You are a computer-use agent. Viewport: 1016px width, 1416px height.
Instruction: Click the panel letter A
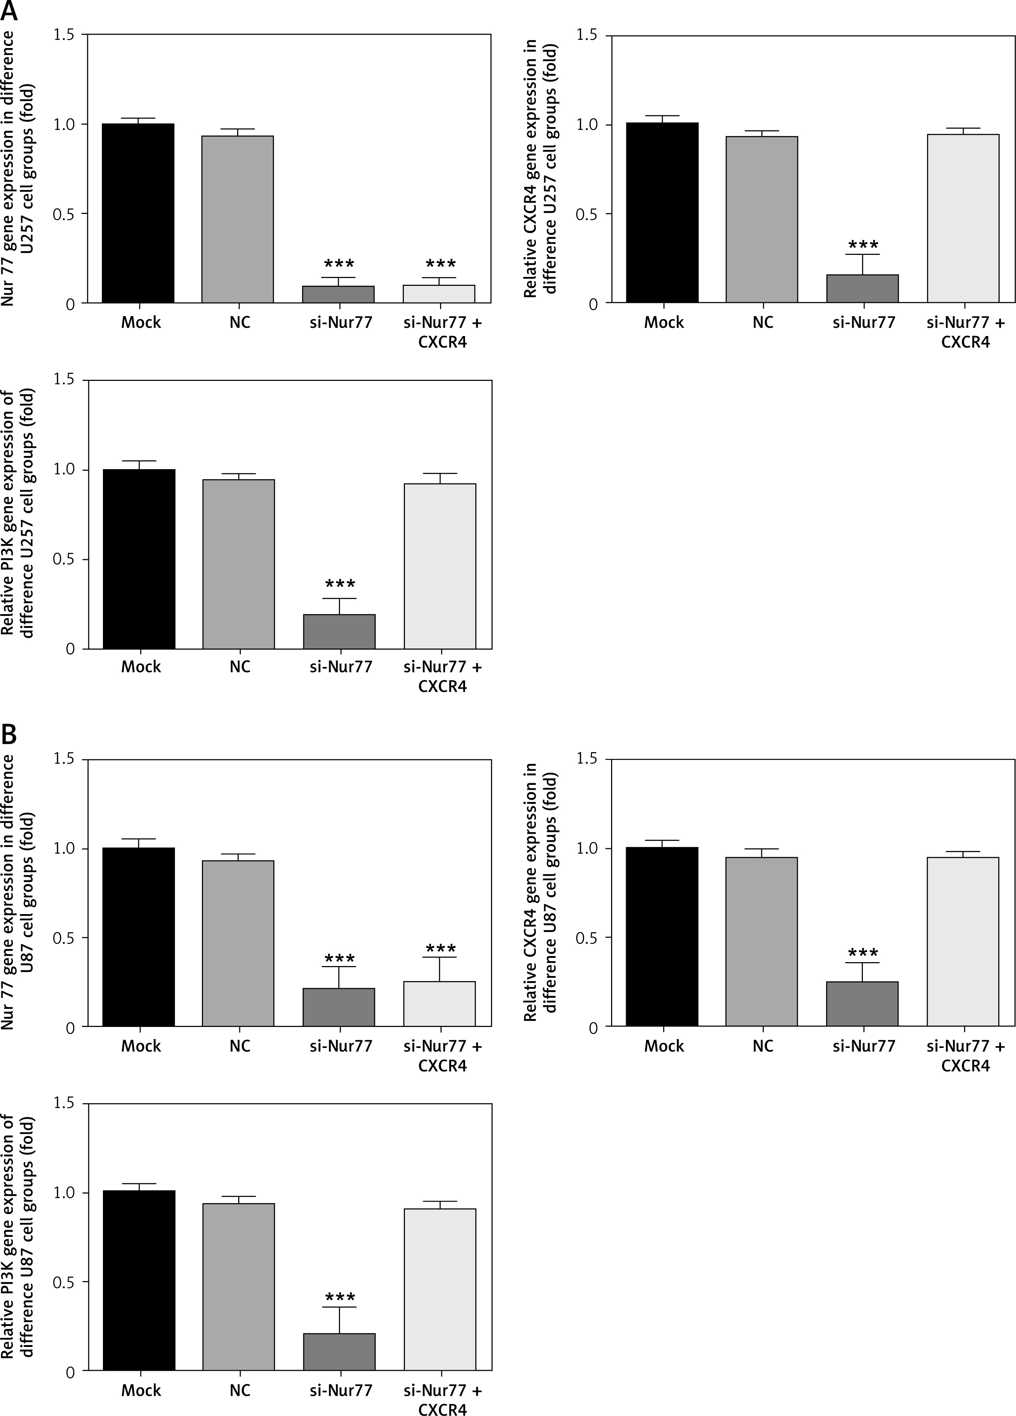[x=10, y=11]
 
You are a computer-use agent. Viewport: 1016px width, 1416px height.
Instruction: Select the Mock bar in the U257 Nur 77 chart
[x=138, y=214]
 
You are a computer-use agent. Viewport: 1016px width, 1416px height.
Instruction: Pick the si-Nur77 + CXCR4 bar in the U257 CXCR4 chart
[x=963, y=219]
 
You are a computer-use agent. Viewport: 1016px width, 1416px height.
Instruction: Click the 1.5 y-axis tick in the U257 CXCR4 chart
[x=587, y=36]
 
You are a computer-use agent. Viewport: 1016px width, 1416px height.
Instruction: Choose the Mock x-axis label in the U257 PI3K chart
[x=141, y=667]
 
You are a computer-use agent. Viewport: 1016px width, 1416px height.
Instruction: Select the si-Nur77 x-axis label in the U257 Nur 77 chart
[x=341, y=322]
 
